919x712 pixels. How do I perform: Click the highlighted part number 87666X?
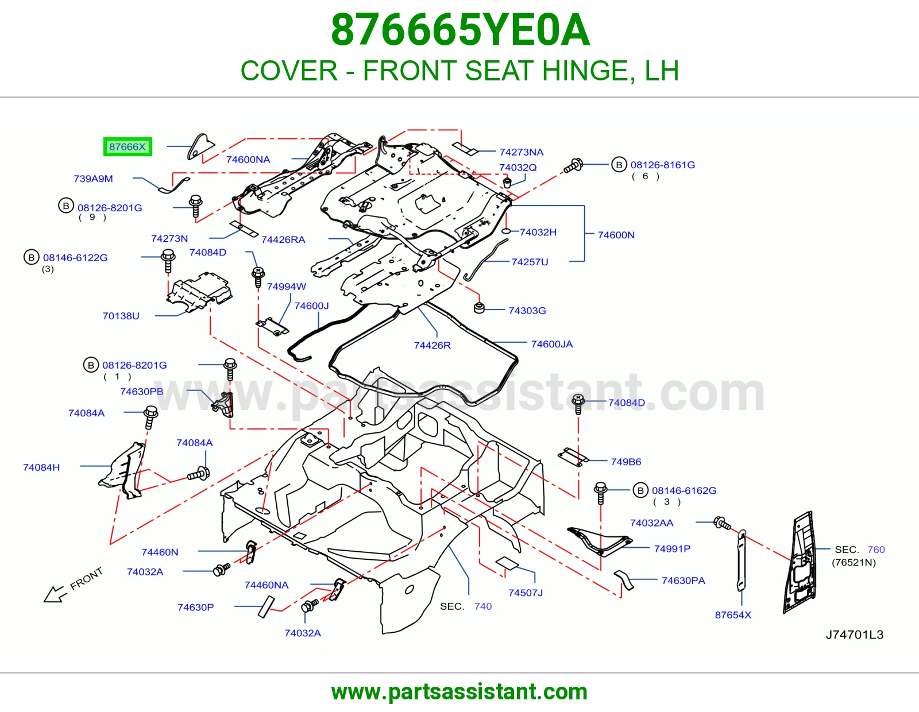(128, 147)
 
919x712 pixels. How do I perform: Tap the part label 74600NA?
(248, 160)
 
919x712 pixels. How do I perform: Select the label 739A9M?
(93, 179)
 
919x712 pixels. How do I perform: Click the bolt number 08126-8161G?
(662, 165)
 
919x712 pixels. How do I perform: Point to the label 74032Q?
(518, 168)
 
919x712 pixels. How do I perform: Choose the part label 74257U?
(530, 262)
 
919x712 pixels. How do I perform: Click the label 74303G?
(527, 311)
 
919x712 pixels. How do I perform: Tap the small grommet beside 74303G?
(479, 308)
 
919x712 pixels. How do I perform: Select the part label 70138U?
(121, 316)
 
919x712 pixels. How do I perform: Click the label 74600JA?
(552, 344)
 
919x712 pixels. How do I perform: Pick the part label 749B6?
(626, 462)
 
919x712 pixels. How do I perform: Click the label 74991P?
(672, 549)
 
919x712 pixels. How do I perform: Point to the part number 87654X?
(733, 615)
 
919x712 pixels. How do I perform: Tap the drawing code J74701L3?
(854, 634)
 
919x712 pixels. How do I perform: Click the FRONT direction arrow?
(55, 594)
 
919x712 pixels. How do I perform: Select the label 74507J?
(525, 593)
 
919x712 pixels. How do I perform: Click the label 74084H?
(41, 467)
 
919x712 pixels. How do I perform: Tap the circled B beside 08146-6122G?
(31, 257)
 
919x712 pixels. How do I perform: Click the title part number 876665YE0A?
(460, 30)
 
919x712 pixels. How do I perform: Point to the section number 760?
(876, 550)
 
